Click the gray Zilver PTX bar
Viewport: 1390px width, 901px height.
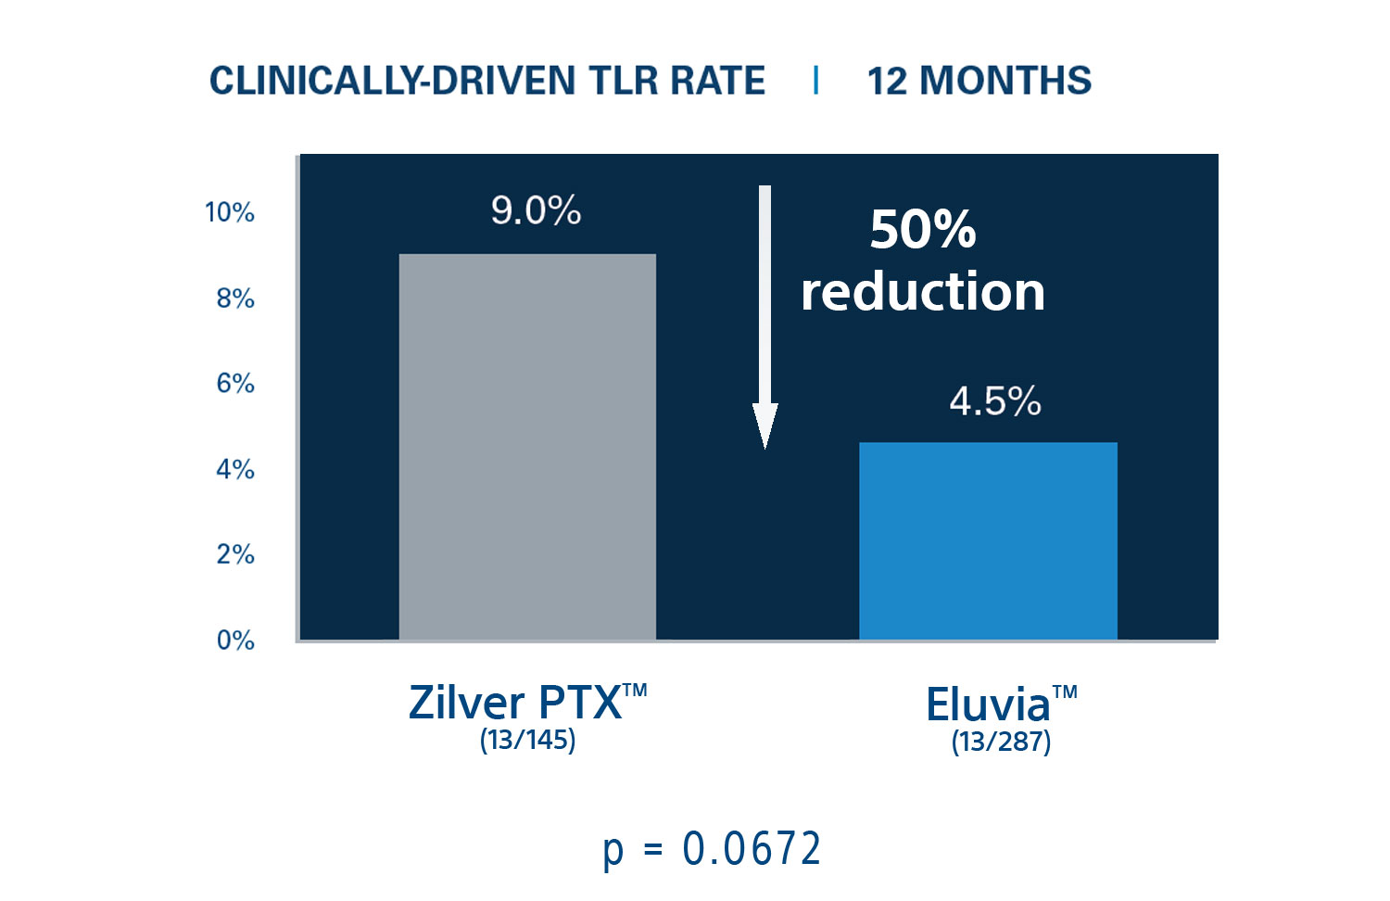pyautogui.click(x=527, y=447)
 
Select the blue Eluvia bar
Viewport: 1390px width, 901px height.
pyautogui.click(x=988, y=541)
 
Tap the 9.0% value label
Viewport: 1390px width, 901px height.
pyautogui.click(x=536, y=211)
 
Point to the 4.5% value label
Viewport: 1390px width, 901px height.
pyautogui.click(x=995, y=402)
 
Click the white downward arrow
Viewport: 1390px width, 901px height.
pyautogui.click(x=764, y=315)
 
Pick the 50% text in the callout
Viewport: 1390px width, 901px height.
pyautogui.click(x=923, y=229)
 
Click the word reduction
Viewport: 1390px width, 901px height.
pyautogui.click(x=923, y=292)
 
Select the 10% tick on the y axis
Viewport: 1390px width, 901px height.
pyautogui.click(x=230, y=213)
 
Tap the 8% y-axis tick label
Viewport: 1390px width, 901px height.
pyautogui.click(x=235, y=298)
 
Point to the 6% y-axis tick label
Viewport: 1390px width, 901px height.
pyautogui.click(x=235, y=384)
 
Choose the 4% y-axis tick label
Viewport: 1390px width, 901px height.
pyautogui.click(x=235, y=469)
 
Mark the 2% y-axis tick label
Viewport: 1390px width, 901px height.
pyautogui.click(x=235, y=554)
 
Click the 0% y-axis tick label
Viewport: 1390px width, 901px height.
pyautogui.click(x=235, y=641)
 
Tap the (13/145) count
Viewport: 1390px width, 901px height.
pyautogui.click(x=527, y=740)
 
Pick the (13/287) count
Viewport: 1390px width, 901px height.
pyautogui.click(x=1001, y=742)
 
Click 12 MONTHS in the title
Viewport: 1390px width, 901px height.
pyautogui.click(x=979, y=81)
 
